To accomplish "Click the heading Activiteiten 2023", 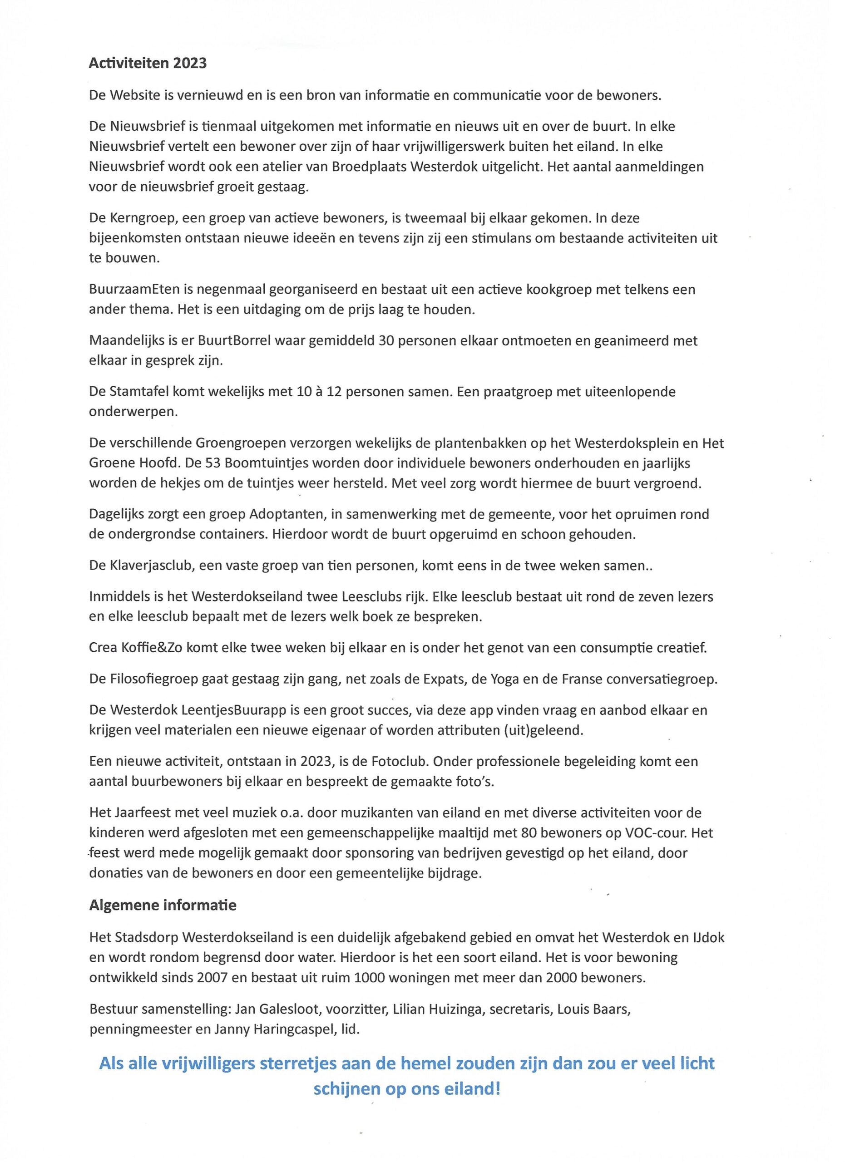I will click(148, 63).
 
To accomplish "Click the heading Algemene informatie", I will click(163, 905).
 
